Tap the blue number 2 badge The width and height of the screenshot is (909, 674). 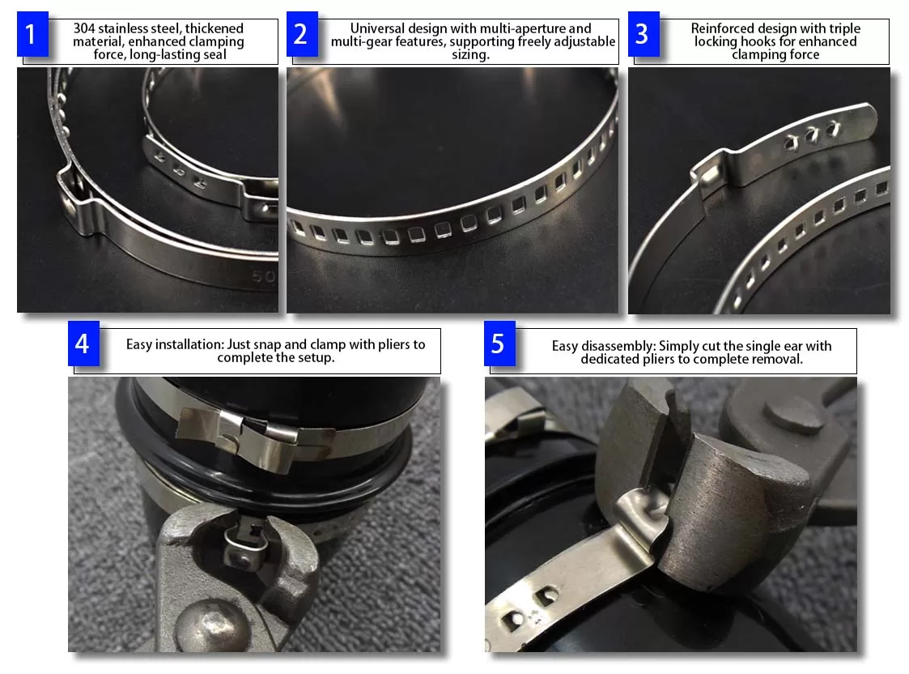[x=302, y=34]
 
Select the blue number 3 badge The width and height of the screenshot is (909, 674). [x=644, y=34]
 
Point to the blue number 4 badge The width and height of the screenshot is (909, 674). [x=83, y=343]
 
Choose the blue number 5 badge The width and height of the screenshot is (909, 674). [x=499, y=343]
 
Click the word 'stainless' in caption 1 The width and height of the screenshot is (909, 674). [x=124, y=28]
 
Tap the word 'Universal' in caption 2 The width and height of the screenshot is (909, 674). [x=377, y=28]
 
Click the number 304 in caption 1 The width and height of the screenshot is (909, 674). [x=84, y=28]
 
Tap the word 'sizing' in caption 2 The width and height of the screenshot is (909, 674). [x=469, y=55]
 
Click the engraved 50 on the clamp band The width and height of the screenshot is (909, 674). [x=264, y=276]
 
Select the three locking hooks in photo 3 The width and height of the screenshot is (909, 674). [x=811, y=135]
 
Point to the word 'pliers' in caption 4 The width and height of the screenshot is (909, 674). [x=393, y=344]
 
